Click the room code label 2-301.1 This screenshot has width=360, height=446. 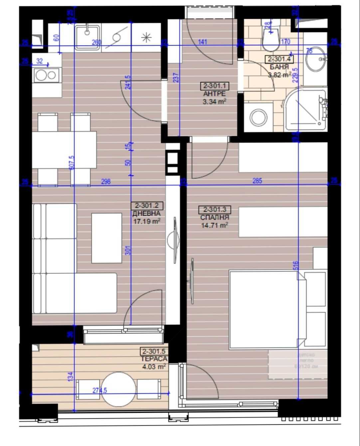pyautogui.click(x=215, y=86)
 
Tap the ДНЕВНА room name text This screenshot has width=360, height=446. pyautogui.click(x=146, y=213)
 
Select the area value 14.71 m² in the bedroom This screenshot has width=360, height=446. pyautogui.click(x=214, y=225)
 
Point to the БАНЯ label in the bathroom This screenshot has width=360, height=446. pyautogui.click(x=279, y=67)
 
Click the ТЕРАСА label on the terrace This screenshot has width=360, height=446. pyautogui.click(x=154, y=359)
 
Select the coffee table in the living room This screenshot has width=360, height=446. pyautogui.click(x=106, y=238)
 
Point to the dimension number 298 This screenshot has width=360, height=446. pyautogui.click(x=105, y=181)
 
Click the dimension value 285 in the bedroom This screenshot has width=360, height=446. pyautogui.click(x=257, y=181)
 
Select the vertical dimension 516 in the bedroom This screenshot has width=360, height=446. pyautogui.click(x=296, y=265)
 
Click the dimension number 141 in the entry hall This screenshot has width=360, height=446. pyautogui.click(x=202, y=42)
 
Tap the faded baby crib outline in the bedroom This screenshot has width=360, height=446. pyautogui.click(x=297, y=364)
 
